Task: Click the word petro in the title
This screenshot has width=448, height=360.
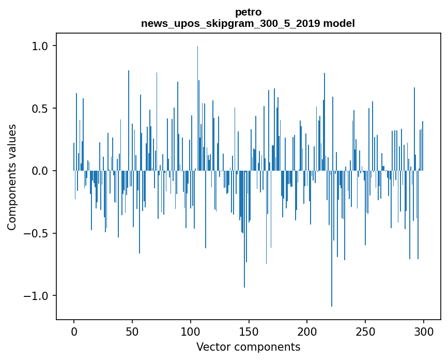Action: [248, 12]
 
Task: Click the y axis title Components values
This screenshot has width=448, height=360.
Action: [12, 177]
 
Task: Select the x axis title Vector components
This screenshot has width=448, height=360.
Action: [248, 347]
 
